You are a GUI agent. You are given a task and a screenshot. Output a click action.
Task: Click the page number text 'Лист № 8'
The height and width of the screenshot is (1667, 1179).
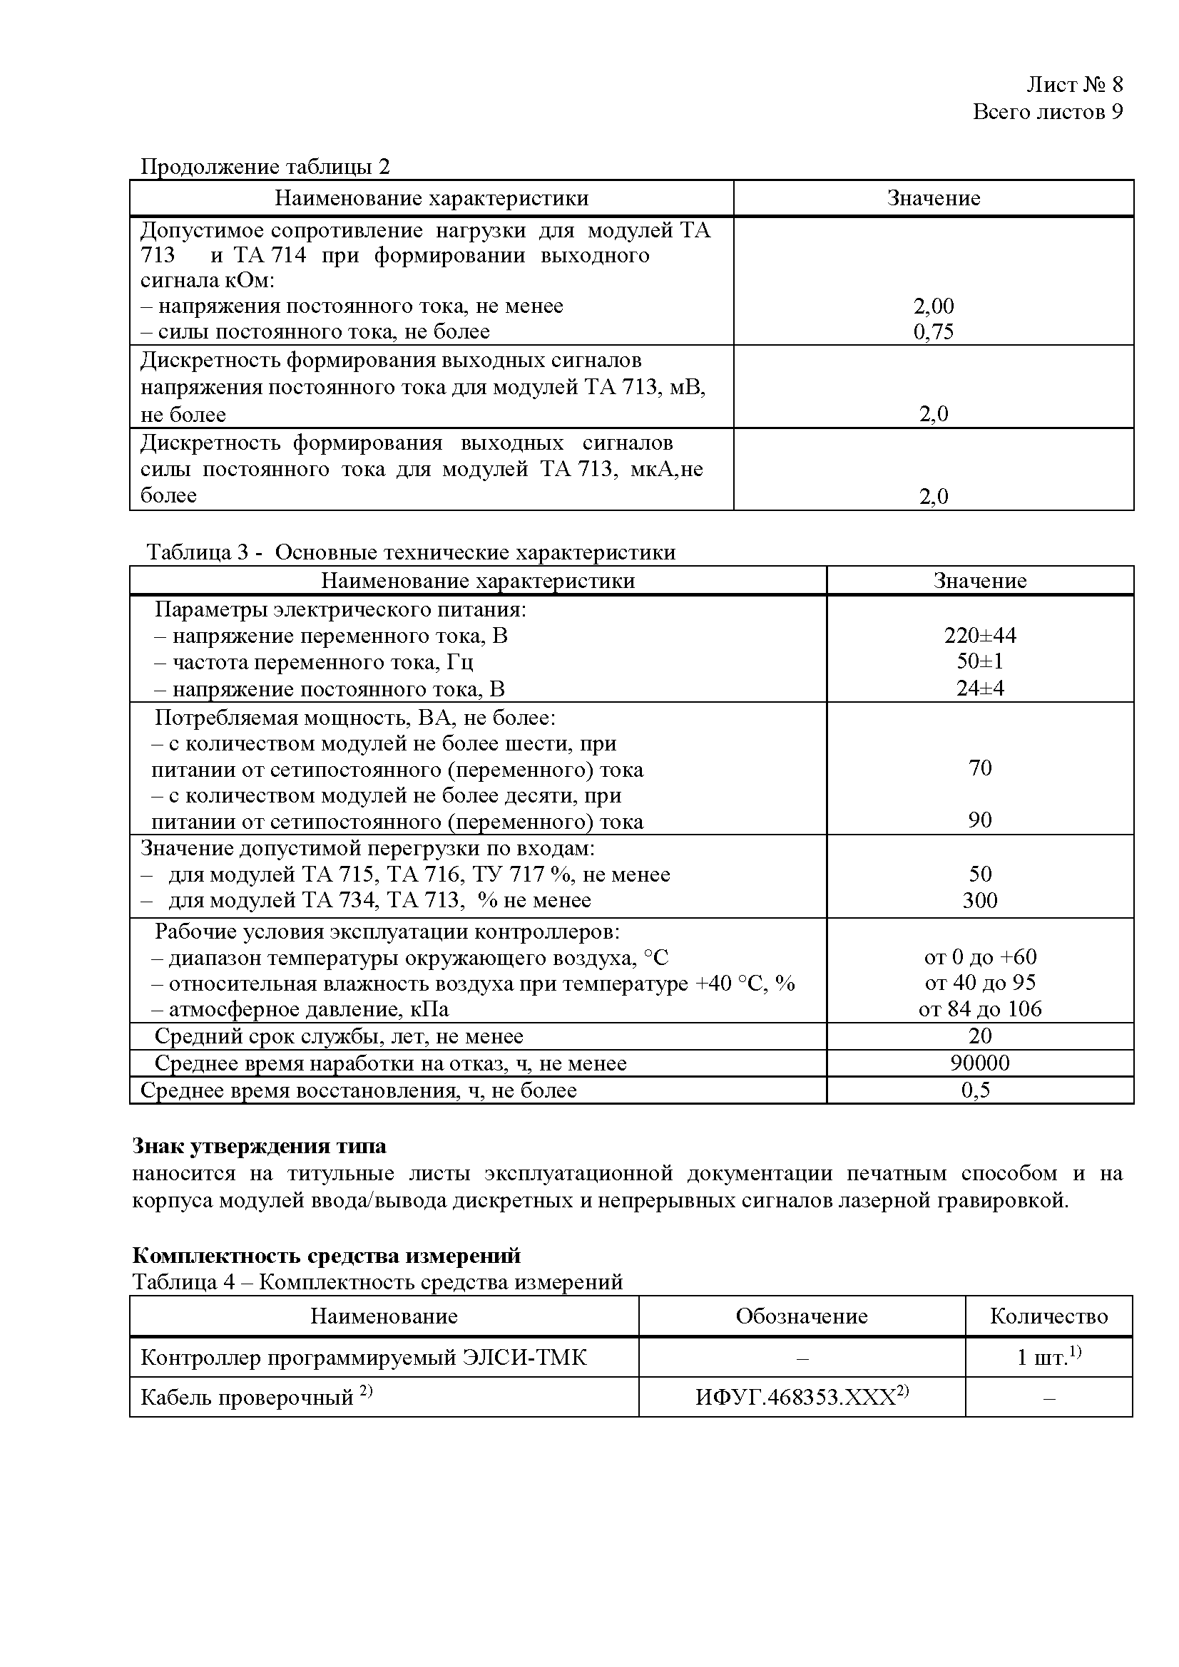1073,85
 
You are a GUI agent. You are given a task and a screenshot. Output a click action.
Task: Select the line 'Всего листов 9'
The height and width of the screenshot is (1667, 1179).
1047,112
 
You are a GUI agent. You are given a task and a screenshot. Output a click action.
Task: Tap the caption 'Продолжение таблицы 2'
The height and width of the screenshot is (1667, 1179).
265,167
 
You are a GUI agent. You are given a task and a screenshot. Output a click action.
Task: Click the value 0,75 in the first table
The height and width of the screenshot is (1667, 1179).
933,332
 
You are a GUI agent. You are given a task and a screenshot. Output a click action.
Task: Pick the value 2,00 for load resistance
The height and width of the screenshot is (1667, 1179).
933,306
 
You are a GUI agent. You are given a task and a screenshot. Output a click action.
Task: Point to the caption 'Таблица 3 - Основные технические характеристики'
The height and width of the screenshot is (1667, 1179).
411,552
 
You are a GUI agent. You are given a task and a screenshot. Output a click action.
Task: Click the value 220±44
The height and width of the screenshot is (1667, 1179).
979,636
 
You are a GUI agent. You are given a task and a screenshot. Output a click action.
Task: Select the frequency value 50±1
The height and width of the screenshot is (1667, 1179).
979,661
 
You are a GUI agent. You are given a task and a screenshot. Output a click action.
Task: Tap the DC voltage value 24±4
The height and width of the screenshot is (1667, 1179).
979,688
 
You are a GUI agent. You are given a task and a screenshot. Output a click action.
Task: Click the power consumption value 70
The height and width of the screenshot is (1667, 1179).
979,768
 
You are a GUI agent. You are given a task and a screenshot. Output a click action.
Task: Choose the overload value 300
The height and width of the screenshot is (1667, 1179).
979,900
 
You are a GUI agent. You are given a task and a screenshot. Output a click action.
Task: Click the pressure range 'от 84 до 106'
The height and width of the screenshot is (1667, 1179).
979,1009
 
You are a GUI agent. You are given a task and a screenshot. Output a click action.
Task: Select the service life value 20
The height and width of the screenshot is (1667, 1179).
979,1036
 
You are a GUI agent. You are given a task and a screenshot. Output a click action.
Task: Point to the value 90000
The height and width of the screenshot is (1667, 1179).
979,1063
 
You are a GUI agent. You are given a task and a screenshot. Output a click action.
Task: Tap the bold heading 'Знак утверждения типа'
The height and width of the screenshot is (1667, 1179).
259,1147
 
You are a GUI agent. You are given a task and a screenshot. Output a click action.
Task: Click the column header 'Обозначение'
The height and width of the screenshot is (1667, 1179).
801,1316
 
